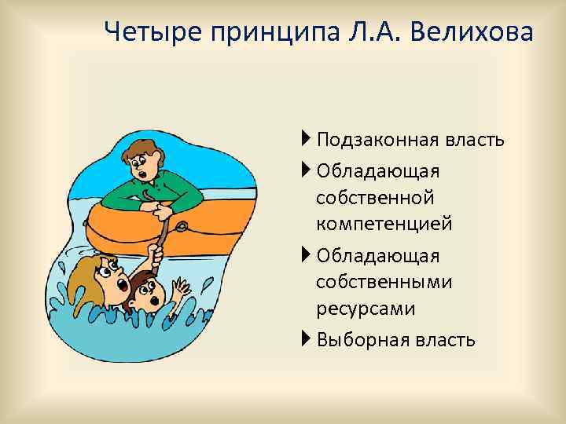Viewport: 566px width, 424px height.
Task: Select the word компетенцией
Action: click(x=384, y=225)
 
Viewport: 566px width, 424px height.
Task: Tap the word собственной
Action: click(x=375, y=198)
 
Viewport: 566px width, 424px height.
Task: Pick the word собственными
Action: click(x=384, y=283)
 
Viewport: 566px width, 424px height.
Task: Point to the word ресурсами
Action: click(x=366, y=309)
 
